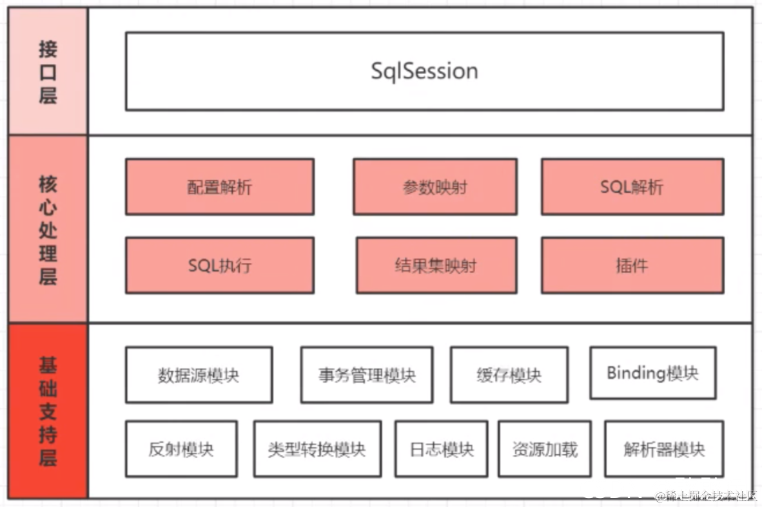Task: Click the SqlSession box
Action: pos(424,72)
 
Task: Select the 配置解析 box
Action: pos(220,187)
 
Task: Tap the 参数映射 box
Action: pos(435,187)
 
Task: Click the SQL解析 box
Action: pos(632,187)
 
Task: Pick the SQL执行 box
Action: pos(220,265)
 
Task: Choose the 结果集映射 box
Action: pos(436,265)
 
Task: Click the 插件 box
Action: pos(632,265)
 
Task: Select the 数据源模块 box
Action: pos(199,375)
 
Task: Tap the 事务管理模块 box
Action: pos(366,375)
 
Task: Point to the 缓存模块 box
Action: pos(509,375)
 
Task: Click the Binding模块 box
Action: pos(652,373)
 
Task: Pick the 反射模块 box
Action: pos(181,449)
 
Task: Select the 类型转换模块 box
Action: pos(317,449)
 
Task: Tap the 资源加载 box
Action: pos(545,449)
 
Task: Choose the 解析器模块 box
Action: pos(664,449)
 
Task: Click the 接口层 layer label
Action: pos(48,72)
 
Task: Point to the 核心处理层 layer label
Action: pos(48,229)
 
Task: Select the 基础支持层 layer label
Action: pos(48,412)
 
